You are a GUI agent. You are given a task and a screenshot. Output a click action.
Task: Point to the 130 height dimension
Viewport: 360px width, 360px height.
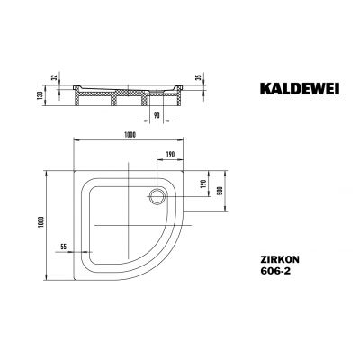tap(40, 95)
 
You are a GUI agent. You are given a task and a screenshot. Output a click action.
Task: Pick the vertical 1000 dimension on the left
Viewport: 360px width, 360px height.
tap(40, 219)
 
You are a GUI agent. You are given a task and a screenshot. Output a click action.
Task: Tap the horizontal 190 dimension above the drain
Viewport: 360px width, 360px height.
tap(169, 153)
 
